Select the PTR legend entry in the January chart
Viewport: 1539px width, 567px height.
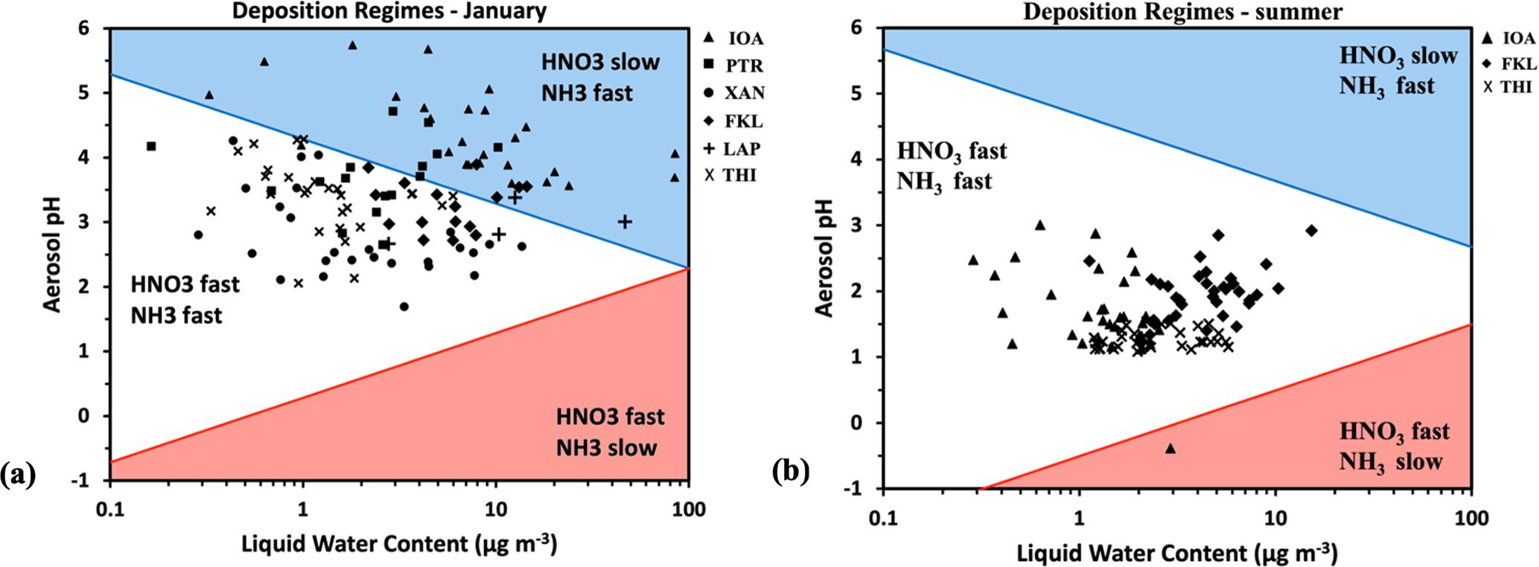click(733, 65)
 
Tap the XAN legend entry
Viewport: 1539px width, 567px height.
click(733, 93)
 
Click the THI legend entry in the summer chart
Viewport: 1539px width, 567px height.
click(1508, 87)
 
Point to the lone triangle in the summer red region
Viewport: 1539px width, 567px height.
click(1170, 448)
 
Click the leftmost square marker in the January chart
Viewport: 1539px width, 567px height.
click(151, 146)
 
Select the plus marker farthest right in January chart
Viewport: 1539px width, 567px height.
click(625, 221)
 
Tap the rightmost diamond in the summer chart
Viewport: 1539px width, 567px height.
click(1311, 231)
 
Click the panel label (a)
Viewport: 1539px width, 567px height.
click(18, 474)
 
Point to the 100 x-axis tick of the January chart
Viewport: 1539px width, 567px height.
click(689, 510)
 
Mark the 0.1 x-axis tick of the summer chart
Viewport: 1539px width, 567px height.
click(883, 518)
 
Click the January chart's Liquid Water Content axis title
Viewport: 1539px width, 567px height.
click(399, 545)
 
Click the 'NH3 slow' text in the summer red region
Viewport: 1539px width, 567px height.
click(1391, 462)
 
